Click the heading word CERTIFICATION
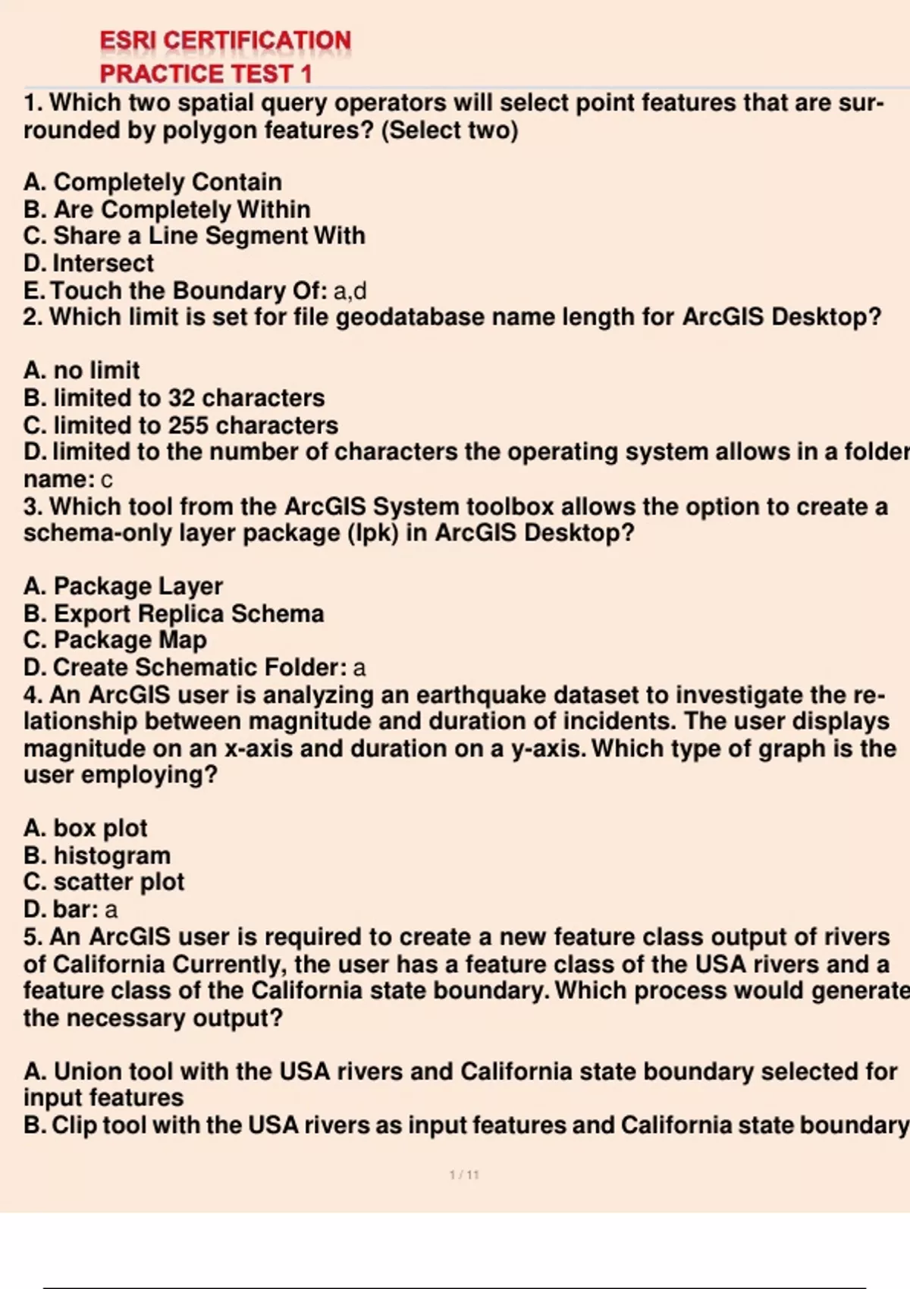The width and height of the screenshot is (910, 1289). (x=257, y=40)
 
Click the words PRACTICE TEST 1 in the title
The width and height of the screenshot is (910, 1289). (x=206, y=74)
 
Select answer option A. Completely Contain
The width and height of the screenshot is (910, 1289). (x=152, y=182)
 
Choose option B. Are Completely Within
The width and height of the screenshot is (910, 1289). (x=167, y=209)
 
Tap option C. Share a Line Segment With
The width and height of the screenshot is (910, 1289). (x=194, y=236)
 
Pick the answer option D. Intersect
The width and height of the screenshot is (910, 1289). (x=89, y=263)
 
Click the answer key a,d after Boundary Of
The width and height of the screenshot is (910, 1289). (x=350, y=290)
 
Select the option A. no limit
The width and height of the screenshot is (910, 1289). (x=82, y=370)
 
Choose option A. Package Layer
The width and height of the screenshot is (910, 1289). (x=123, y=586)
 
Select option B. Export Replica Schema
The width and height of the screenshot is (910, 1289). (x=174, y=613)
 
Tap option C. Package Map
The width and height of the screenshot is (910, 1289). (x=115, y=640)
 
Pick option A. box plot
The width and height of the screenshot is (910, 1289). (x=86, y=828)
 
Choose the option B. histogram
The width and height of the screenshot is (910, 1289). (x=97, y=855)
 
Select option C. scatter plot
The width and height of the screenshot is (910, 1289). (x=104, y=882)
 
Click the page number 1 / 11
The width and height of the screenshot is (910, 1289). (x=464, y=1175)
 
